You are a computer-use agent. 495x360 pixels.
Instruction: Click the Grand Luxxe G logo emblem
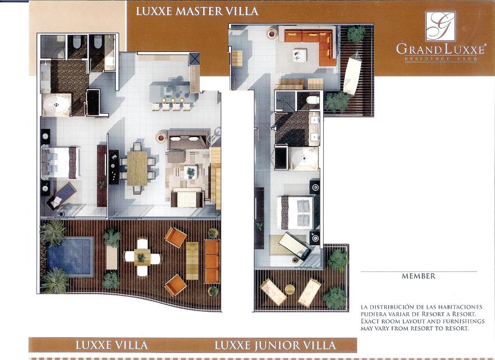click(x=440, y=26)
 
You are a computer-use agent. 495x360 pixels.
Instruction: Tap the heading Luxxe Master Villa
click(x=197, y=12)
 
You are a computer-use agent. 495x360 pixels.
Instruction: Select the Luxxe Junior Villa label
click(x=275, y=345)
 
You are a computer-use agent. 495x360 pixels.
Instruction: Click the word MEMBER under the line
click(x=418, y=276)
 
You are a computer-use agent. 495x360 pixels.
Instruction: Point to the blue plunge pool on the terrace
click(x=70, y=256)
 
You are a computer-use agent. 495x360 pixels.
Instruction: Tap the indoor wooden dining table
click(x=137, y=168)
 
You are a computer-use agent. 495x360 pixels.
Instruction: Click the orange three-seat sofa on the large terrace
click(x=212, y=262)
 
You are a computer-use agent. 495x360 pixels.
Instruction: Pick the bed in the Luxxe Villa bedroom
click(x=61, y=163)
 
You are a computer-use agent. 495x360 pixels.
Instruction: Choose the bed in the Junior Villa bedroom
click(x=298, y=212)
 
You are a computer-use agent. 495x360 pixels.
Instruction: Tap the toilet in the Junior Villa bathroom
click(x=313, y=100)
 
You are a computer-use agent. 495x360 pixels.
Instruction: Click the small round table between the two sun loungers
click(x=290, y=290)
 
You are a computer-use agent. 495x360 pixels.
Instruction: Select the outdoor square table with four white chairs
click(x=142, y=257)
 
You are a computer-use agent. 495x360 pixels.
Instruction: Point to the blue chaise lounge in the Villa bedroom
click(x=61, y=196)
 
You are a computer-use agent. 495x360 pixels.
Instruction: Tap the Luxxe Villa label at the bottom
click(x=111, y=345)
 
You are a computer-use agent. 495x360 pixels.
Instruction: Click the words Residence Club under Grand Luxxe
click(x=441, y=59)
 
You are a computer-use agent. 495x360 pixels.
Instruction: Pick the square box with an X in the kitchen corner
click(x=194, y=59)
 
